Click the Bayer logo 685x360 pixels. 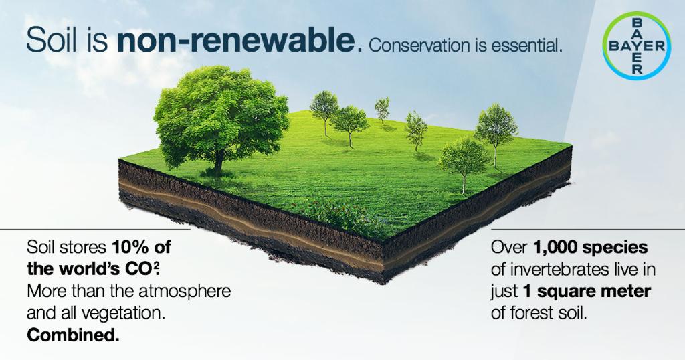[635, 46]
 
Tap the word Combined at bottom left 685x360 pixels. [74, 336]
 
